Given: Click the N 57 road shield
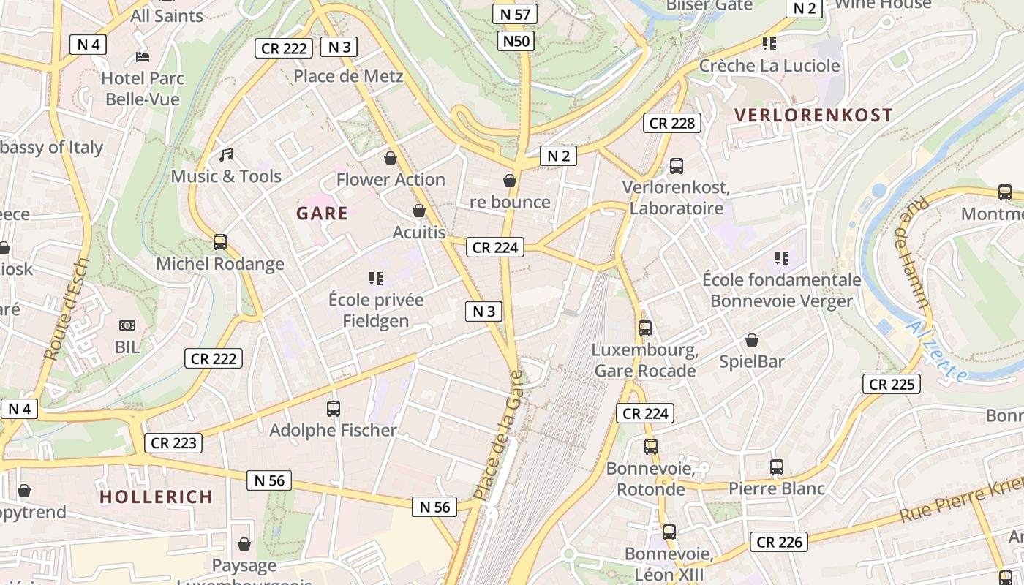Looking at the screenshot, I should pyautogui.click(x=515, y=14).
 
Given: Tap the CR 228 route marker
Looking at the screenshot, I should pyautogui.click(x=672, y=123).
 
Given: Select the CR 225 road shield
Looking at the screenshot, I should pyautogui.click(x=891, y=384).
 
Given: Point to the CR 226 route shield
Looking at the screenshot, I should pyautogui.click(x=779, y=542).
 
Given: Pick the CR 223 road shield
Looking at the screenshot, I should pyautogui.click(x=173, y=443).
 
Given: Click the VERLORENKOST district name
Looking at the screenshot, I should pyautogui.click(x=813, y=115).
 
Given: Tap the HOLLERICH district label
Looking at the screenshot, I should pyautogui.click(x=156, y=497).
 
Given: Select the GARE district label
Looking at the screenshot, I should pyautogui.click(x=322, y=214).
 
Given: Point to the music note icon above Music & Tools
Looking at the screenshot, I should pyautogui.click(x=226, y=155).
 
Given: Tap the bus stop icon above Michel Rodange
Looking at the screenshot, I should pyautogui.click(x=219, y=242).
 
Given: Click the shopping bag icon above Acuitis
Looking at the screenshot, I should pyautogui.click(x=419, y=211).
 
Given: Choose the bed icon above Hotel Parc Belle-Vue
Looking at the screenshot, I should pyautogui.click(x=143, y=57).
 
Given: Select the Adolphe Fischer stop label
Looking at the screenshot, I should pyautogui.click(x=333, y=430).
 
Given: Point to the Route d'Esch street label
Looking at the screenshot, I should pyautogui.click(x=67, y=309).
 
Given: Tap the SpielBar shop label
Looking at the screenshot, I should pyautogui.click(x=751, y=361).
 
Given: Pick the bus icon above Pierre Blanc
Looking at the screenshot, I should pyautogui.click(x=777, y=467).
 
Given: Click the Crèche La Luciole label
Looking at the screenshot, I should pyautogui.click(x=769, y=66).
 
